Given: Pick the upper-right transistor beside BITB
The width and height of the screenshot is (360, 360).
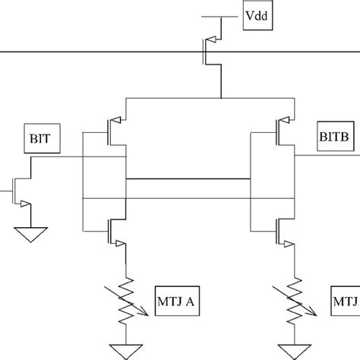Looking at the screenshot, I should click(283, 130).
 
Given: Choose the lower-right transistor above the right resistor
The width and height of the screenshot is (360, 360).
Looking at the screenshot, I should click(283, 229).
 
